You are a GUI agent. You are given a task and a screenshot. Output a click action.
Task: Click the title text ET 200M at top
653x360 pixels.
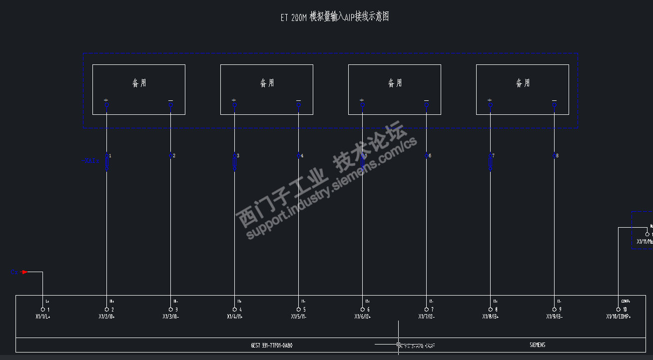point(293,17)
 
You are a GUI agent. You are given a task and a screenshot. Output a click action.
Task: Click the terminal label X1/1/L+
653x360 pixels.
point(42,317)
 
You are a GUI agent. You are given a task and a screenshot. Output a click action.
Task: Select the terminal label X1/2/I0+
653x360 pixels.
point(106,317)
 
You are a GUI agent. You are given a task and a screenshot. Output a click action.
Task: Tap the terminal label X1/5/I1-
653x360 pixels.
point(298,317)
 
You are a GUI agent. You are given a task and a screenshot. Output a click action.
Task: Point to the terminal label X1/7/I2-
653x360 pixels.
point(426,317)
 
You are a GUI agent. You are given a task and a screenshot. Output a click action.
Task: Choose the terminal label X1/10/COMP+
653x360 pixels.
point(618,317)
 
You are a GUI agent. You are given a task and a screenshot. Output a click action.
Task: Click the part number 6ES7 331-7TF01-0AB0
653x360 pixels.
point(271,345)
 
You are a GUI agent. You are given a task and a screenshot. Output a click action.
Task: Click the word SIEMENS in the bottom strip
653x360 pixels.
point(537,345)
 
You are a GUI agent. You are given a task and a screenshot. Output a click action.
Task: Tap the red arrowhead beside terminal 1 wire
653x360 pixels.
point(24,272)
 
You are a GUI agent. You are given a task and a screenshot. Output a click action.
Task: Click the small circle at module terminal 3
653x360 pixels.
point(171,310)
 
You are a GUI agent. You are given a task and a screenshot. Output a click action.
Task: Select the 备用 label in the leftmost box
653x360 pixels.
point(139,83)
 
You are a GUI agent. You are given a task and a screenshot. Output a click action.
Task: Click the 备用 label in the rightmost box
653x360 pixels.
point(523,83)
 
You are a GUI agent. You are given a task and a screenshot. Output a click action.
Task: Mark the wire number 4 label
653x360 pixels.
point(302,156)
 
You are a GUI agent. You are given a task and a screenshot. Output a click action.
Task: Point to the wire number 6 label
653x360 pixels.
point(430,156)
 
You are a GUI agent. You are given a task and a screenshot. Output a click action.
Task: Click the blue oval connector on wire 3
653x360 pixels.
point(234,163)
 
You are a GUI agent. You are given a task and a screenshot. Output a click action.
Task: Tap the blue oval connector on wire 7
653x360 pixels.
point(490,163)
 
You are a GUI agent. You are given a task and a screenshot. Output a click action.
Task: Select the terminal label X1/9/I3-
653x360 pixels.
point(554,317)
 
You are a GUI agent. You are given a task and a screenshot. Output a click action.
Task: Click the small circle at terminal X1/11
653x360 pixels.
point(647,234)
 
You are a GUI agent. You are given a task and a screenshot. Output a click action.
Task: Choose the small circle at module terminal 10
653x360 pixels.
point(619,310)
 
